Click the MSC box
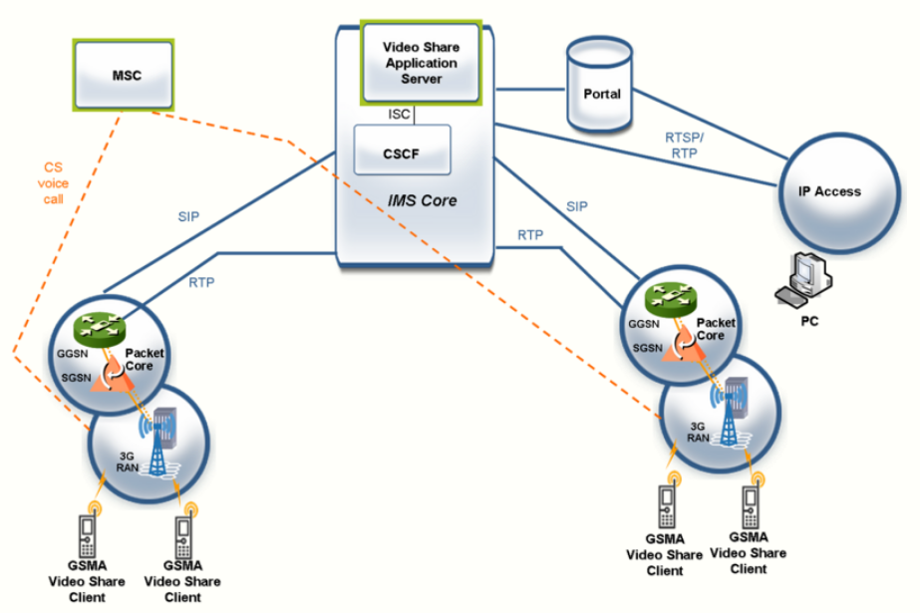click(122, 75)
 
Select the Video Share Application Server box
click(421, 62)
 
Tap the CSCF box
click(403, 153)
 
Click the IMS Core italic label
click(422, 200)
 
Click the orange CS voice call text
click(54, 183)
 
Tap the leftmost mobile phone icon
click(87, 538)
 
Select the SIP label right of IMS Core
click(576, 206)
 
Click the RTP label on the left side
click(201, 282)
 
